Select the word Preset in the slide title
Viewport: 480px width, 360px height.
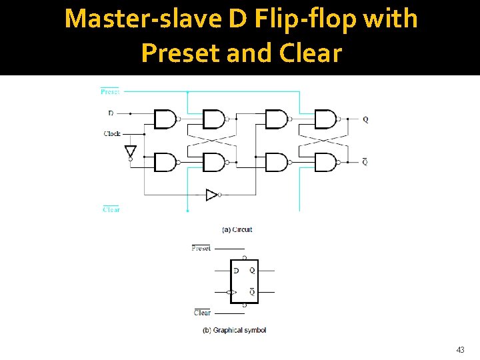coord(181,52)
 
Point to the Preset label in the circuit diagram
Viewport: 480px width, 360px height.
coord(110,92)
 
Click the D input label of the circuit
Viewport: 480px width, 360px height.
coord(110,113)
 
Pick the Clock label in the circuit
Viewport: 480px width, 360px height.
coord(112,134)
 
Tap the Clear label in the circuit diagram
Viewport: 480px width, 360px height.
coord(111,209)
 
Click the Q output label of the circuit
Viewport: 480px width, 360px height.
coord(365,120)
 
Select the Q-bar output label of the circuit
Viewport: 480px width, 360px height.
coord(365,162)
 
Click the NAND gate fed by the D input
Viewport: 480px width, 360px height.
coord(165,119)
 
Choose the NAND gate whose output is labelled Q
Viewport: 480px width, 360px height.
coord(325,119)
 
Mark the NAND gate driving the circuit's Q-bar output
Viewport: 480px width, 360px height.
coord(325,162)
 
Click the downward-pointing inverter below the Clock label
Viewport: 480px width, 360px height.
coord(131,151)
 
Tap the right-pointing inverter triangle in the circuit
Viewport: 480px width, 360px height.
coord(211,195)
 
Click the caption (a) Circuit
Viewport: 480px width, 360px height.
coord(237,230)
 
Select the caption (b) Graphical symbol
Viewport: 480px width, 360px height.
coord(234,330)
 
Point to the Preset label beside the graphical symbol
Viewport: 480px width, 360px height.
coord(201,248)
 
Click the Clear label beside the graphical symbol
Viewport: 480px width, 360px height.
coord(202,313)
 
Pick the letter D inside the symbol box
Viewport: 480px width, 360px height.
coord(236,271)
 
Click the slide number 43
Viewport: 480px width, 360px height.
coord(460,349)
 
